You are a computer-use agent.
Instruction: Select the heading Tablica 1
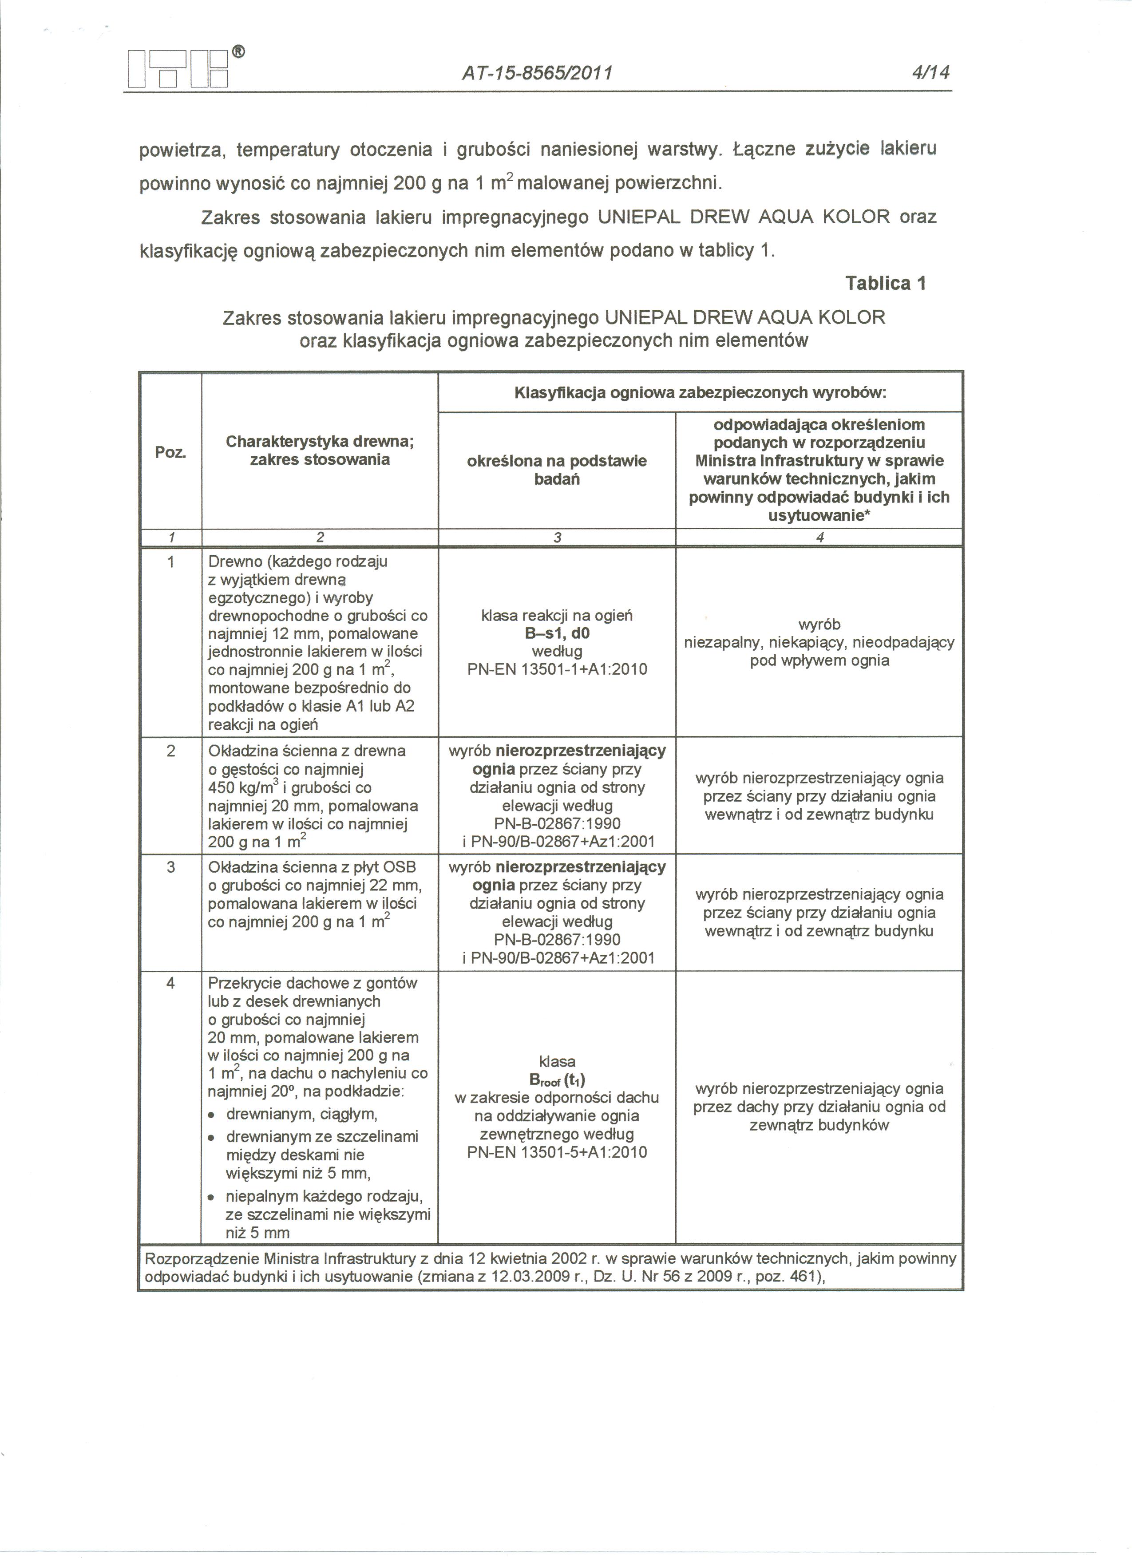886,283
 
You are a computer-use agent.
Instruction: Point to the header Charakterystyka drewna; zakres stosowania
320,451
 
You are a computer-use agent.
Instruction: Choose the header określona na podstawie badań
556,470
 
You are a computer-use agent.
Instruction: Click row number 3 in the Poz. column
170,867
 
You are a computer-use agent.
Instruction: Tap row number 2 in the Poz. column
170,751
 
